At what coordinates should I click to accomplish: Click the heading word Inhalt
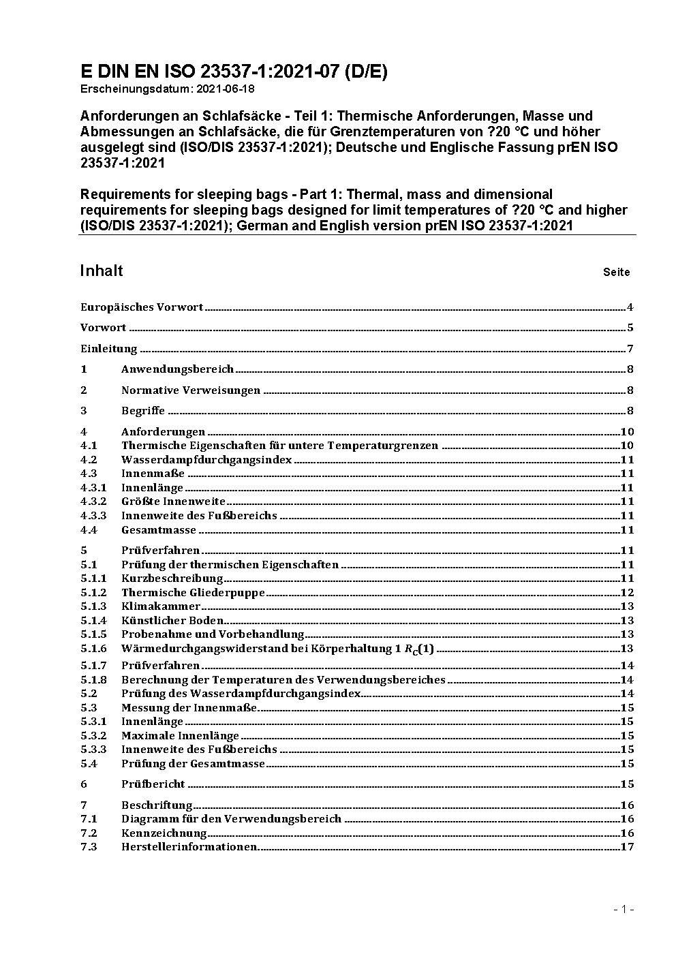click(102, 271)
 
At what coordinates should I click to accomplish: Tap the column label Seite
click(616, 273)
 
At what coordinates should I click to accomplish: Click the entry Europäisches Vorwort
click(142, 307)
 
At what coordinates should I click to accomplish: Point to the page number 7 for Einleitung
click(630, 349)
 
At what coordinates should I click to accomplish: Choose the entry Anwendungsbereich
click(177, 369)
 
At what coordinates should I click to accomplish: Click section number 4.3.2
click(93, 502)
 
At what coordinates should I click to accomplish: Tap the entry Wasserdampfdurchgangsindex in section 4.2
click(206, 460)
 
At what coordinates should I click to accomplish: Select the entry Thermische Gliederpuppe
click(193, 593)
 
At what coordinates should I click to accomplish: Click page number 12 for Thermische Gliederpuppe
click(627, 593)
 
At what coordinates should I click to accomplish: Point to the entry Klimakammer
click(161, 606)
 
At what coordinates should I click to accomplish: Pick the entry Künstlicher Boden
click(172, 621)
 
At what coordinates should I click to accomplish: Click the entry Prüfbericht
click(153, 784)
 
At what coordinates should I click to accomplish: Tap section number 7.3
click(89, 847)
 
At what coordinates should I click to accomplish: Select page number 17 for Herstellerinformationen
click(627, 847)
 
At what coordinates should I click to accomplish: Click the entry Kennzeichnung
click(164, 833)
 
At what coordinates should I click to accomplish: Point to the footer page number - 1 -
click(624, 909)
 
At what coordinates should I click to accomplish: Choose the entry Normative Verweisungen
click(191, 390)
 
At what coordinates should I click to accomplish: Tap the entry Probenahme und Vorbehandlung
click(213, 634)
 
